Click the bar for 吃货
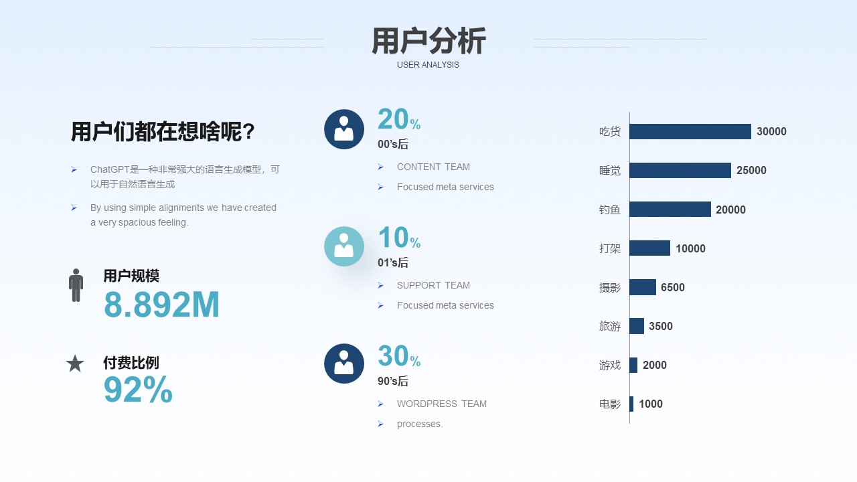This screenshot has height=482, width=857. (x=690, y=131)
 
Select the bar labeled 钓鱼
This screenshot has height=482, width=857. (x=670, y=210)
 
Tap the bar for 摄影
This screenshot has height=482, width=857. (x=643, y=287)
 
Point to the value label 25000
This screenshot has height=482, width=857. (x=751, y=170)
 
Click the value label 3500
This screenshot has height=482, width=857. (x=661, y=326)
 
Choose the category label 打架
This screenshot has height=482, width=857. (x=609, y=248)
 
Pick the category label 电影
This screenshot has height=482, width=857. (x=609, y=404)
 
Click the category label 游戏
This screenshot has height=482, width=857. (x=609, y=365)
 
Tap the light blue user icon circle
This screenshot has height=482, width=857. (x=344, y=246)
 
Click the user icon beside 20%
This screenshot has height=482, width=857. (x=344, y=129)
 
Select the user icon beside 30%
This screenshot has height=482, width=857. (x=344, y=364)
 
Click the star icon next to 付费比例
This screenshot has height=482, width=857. (x=75, y=364)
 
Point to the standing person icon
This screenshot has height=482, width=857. (x=76, y=285)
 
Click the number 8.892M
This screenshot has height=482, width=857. (x=161, y=305)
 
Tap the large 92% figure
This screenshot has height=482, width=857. (x=138, y=390)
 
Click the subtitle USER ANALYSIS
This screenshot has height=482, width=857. (x=428, y=65)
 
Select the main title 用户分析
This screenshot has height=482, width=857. (x=428, y=41)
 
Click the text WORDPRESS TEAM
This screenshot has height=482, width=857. (x=441, y=404)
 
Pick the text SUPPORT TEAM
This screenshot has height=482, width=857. (x=433, y=285)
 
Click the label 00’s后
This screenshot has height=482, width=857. (x=393, y=144)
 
